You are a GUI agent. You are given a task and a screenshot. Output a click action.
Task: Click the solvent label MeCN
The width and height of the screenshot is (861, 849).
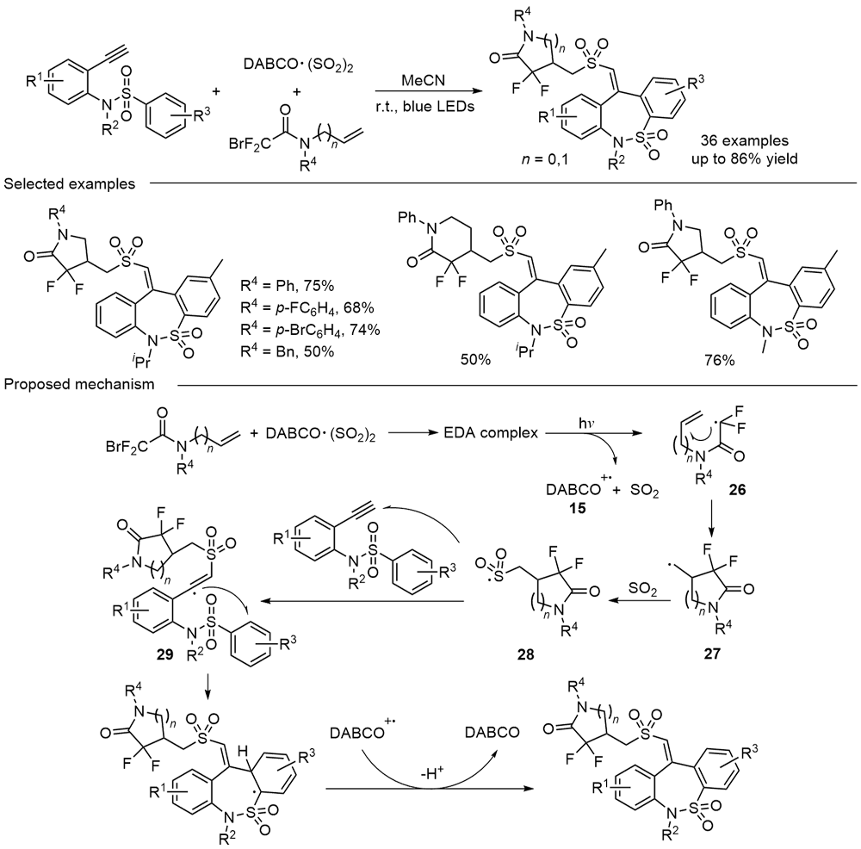423,79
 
